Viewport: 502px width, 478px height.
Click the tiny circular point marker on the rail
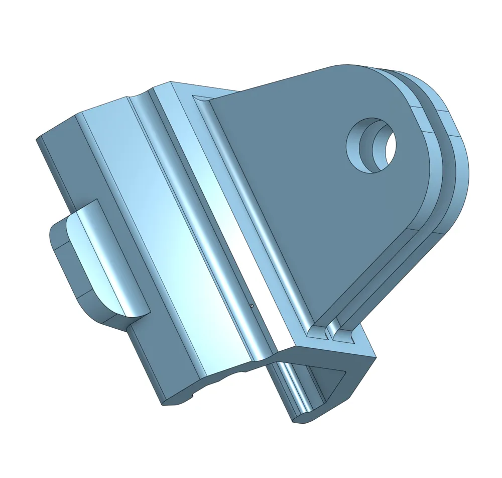252,305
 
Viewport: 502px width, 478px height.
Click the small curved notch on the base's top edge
139,95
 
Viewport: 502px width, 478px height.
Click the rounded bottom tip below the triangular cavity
301,417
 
